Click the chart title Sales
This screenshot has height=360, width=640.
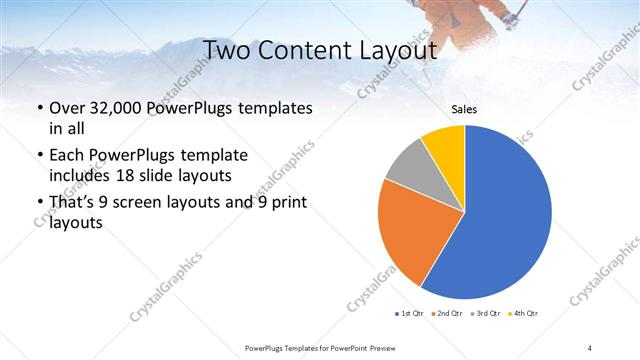point(464,108)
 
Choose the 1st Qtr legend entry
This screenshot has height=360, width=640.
point(409,314)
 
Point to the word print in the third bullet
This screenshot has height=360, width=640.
point(287,203)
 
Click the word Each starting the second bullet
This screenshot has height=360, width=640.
point(68,155)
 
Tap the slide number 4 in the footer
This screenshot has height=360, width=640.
point(589,346)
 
